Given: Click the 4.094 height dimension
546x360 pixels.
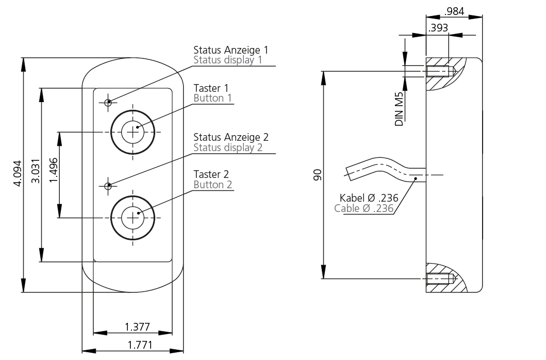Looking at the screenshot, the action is [x=18, y=173].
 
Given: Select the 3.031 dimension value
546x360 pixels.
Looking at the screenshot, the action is [x=36, y=171].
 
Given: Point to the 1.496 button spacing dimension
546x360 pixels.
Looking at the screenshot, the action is [x=53, y=170].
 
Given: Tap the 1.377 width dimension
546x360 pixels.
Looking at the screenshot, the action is [x=137, y=327].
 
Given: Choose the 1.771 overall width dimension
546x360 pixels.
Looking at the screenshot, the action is [x=140, y=345].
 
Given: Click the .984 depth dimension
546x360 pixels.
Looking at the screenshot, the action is [x=454, y=11].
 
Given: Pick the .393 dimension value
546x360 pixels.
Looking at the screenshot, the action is [x=438, y=28].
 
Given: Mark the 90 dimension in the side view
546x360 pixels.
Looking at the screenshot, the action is [x=318, y=175].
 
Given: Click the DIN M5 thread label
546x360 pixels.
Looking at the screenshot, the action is [x=399, y=109].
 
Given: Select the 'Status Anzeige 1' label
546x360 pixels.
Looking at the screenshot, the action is [x=231, y=50].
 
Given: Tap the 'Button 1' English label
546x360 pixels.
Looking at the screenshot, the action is [x=212, y=98].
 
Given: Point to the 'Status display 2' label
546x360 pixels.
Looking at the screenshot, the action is [x=228, y=148].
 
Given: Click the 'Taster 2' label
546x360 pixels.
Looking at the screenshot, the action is [x=211, y=174].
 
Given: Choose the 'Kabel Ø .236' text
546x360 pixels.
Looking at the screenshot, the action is [x=369, y=198].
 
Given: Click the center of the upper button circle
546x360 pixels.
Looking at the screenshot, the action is [x=133, y=132].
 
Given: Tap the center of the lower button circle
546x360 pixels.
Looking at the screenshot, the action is [x=133, y=218].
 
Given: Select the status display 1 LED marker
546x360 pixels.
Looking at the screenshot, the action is [x=108, y=103].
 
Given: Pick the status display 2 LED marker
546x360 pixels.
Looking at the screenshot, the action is [x=108, y=186].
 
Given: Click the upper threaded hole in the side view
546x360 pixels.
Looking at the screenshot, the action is [x=441, y=71].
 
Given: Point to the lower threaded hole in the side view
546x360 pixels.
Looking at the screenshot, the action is [x=441, y=279].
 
